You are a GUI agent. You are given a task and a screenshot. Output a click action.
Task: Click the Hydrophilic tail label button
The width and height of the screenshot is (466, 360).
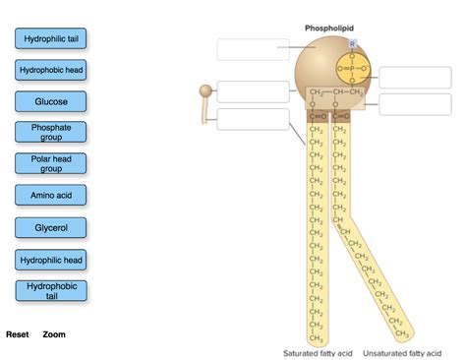(x=51, y=38)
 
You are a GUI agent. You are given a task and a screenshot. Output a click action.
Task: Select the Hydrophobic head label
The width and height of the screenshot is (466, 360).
(x=51, y=71)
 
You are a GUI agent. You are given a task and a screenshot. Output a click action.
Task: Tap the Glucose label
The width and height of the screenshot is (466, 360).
(x=51, y=101)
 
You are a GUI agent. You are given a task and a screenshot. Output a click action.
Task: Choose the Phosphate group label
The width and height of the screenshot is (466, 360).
(x=51, y=133)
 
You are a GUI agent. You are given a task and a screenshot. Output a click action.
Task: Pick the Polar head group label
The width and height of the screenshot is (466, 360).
(x=51, y=163)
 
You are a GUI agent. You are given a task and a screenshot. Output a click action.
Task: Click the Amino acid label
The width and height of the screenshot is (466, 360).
(x=51, y=196)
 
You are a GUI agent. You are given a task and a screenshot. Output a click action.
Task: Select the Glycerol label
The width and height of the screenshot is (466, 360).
(x=51, y=227)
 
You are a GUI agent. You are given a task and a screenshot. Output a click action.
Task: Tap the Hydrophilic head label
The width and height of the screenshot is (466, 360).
(x=51, y=260)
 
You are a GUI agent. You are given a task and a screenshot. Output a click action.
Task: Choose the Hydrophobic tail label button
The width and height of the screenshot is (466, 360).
(x=51, y=290)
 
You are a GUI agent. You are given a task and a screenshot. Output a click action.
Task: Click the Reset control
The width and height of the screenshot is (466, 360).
(x=17, y=334)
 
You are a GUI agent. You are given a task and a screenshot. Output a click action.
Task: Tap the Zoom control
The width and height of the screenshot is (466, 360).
(x=54, y=334)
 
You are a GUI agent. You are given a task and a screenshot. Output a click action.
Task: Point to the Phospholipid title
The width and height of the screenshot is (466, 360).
(x=328, y=29)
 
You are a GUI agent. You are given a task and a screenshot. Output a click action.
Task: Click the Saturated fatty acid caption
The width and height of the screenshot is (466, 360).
(x=318, y=352)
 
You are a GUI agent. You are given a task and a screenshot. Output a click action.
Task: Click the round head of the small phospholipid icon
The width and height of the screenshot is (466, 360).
(x=206, y=91)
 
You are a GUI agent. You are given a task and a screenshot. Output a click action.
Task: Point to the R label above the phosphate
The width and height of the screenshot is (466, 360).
(x=352, y=44)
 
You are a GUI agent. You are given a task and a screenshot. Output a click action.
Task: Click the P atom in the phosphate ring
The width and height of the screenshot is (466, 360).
(x=352, y=69)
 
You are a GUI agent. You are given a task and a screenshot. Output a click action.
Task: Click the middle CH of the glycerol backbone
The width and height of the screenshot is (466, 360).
(x=341, y=92)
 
